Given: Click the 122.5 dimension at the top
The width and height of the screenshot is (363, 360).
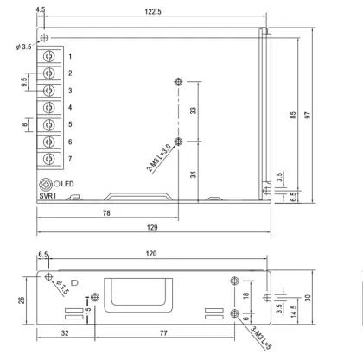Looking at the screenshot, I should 153,11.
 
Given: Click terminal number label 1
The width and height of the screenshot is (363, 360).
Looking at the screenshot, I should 69,55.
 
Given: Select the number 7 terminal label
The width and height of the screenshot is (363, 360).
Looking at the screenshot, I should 69,159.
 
